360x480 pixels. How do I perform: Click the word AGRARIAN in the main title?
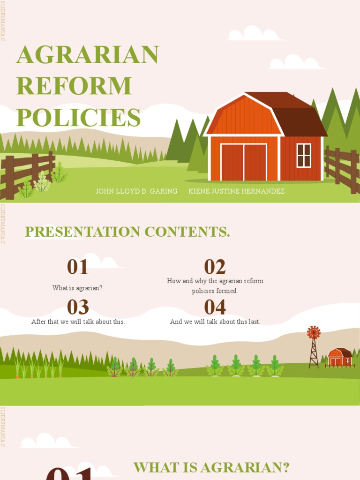(88, 55)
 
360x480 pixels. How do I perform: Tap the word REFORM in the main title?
(74, 86)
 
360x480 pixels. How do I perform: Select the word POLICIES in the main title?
(78, 117)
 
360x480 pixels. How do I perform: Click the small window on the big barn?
(304, 155)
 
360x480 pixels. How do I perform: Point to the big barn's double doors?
(244, 162)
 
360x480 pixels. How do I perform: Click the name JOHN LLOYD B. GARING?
(136, 191)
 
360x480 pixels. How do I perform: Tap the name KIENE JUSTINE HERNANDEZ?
(236, 191)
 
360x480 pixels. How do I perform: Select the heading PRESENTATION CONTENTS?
(127, 232)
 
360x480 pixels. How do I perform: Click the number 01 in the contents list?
(77, 267)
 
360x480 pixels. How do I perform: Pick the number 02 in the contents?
(215, 267)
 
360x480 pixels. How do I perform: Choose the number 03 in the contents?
(78, 307)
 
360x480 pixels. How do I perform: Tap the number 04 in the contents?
(215, 307)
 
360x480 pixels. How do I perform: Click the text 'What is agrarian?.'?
(78, 288)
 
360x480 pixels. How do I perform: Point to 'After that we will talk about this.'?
(78, 322)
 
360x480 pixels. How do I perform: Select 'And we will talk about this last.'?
(215, 322)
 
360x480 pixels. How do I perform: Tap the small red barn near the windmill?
(339, 358)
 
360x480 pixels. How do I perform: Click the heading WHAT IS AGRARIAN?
(211, 467)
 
